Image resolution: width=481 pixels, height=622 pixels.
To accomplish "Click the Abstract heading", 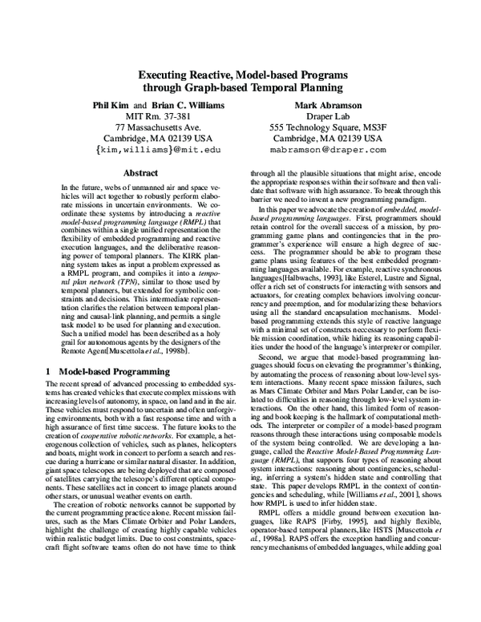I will coord(139,172).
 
